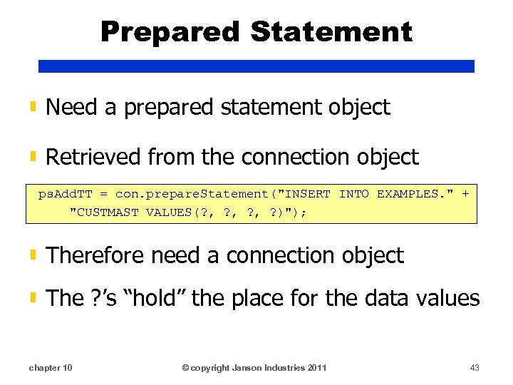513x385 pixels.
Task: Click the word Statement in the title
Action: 332,32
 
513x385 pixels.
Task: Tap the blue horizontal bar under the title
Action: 256,66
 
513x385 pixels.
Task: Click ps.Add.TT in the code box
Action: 68,193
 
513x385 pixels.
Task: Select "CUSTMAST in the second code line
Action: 104,212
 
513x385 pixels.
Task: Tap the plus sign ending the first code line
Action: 465,193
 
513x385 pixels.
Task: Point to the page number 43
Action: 475,368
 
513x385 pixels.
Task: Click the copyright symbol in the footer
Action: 185,368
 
